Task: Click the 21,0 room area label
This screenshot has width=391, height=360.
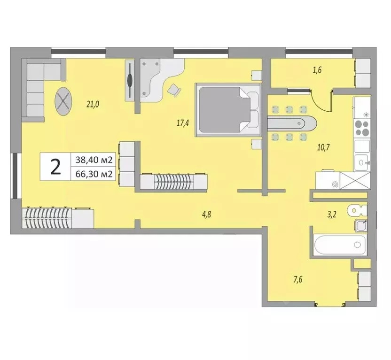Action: point(93,105)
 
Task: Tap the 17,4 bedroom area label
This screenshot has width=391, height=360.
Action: point(183,123)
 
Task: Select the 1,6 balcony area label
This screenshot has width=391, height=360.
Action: point(317,71)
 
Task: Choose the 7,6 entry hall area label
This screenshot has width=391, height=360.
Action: point(297,280)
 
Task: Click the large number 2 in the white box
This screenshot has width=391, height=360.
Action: point(55,167)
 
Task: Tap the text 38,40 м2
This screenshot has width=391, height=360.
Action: point(92,160)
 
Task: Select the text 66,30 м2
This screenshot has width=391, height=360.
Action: point(92,174)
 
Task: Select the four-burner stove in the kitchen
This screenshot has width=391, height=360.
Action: point(362,127)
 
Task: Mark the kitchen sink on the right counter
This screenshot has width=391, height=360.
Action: point(362,162)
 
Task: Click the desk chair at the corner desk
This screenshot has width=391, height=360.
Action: point(174,89)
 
